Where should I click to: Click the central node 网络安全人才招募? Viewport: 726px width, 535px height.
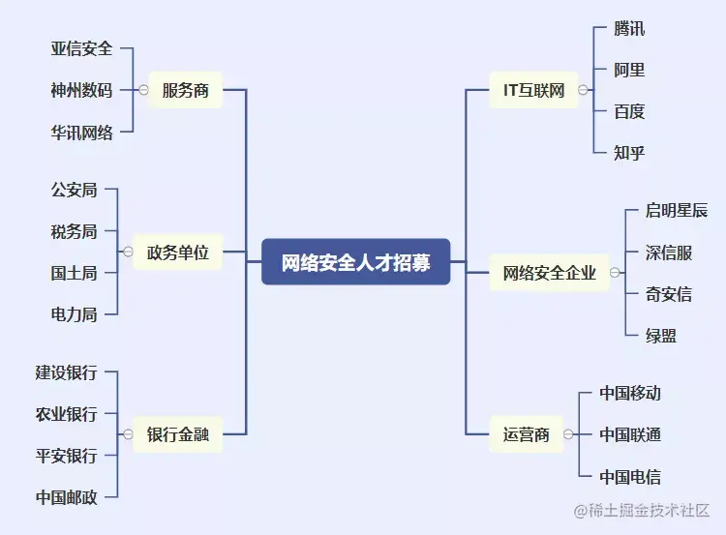pos(356,262)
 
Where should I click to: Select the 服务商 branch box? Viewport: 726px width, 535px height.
pos(185,90)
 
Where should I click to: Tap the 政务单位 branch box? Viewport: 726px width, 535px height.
pos(177,253)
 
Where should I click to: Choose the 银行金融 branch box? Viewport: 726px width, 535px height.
pos(177,434)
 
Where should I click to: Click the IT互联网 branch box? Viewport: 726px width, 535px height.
pos(533,91)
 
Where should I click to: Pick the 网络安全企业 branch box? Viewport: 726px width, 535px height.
pos(549,273)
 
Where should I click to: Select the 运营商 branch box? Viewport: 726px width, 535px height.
pos(527,434)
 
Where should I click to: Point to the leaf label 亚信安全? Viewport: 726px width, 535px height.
pos(81,47)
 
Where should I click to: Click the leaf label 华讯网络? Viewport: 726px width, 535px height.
pos(81,133)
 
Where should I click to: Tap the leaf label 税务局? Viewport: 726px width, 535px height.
pos(74,231)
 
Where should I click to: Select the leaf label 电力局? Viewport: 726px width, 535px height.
pos(74,314)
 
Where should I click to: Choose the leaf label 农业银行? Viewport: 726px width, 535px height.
pos(66,414)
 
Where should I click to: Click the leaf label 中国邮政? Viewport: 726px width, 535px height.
pos(66,497)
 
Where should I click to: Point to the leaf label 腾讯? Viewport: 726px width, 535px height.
pos(629,28)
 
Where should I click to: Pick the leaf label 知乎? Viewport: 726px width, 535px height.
pos(629,152)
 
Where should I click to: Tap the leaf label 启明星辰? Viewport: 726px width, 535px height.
pos(677,211)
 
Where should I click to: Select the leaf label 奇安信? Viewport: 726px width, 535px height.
pos(669,294)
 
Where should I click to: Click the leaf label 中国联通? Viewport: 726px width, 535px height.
pos(630,434)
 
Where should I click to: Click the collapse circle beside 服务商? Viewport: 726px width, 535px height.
pos(143,90)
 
